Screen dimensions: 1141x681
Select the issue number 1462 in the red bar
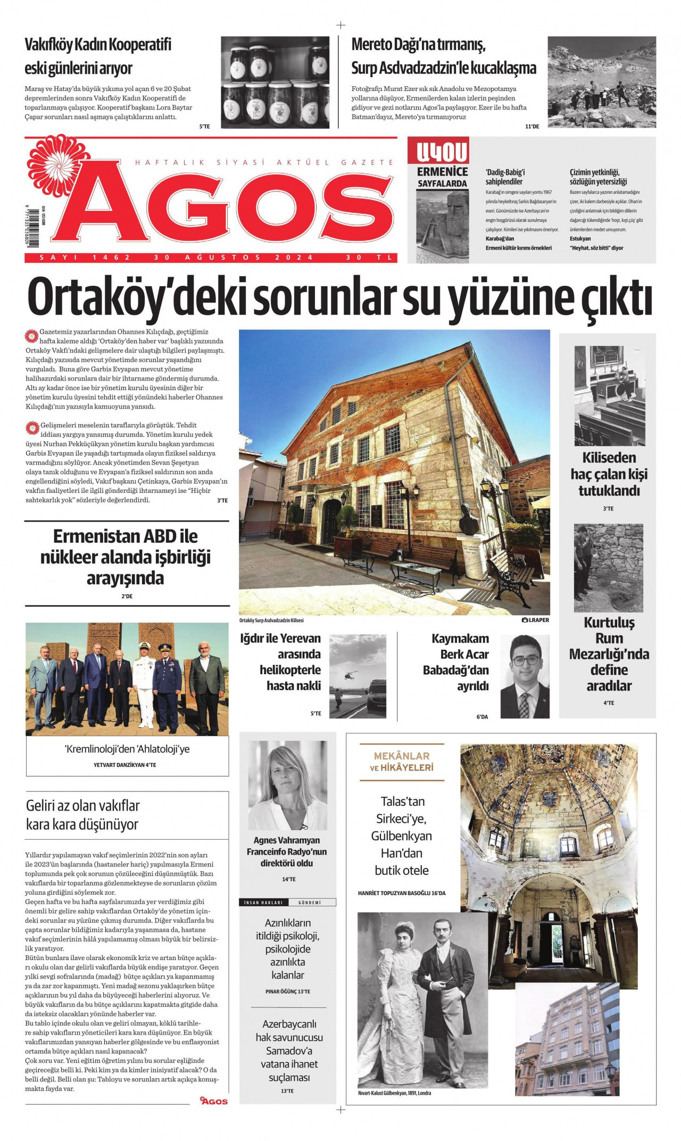[111, 258]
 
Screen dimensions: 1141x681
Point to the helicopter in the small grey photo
[349, 675]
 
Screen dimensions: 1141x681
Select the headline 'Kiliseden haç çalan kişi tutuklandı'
[609, 474]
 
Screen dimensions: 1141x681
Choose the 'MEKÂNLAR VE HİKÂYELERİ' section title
[402, 761]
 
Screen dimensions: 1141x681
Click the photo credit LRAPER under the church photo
[535, 620]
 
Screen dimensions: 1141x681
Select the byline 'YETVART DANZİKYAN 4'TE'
[124, 765]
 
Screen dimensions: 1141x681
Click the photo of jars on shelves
[275, 82]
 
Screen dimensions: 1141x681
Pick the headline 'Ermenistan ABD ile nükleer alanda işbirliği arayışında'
[126, 557]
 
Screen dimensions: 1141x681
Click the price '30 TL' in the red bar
[369, 258]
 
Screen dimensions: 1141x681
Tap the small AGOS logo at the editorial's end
[214, 1101]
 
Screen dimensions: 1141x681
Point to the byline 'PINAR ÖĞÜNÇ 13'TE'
[287, 991]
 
